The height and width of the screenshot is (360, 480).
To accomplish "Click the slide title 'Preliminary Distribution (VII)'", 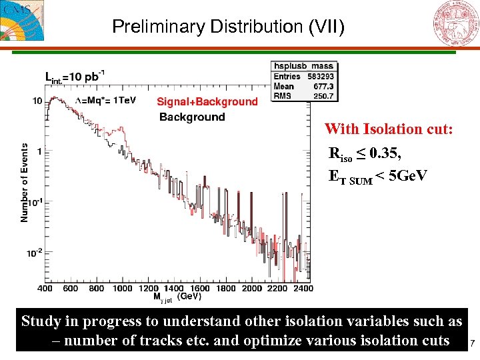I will click(x=228, y=27).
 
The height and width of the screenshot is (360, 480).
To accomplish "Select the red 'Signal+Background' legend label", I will click(x=207, y=102).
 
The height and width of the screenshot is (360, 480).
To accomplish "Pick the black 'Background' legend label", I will click(x=192, y=117).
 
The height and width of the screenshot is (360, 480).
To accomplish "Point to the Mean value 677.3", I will click(x=325, y=86).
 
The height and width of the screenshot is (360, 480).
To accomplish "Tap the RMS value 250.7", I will click(x=324, y=95).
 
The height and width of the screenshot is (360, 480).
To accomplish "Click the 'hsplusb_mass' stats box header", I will click(x=303, y=66).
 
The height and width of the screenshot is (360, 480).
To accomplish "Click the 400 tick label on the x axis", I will click(x=45, y=289).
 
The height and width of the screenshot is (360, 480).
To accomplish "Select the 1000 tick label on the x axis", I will click(x=123, y=289).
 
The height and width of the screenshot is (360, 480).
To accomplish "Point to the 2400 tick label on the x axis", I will click(x=303, y=289).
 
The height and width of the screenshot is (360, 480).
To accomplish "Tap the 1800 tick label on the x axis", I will click(x=226, y=289).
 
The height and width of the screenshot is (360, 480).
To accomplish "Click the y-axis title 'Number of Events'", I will click(x=25, y=183).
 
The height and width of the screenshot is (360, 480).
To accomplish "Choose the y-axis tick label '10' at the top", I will click(x=37, y=101).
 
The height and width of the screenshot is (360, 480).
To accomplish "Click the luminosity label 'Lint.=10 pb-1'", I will click(x=74, y=76).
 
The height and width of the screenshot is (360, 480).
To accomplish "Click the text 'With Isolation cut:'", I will click(x=389, y=129).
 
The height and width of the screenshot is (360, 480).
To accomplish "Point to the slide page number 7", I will click(x=472, y=344).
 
